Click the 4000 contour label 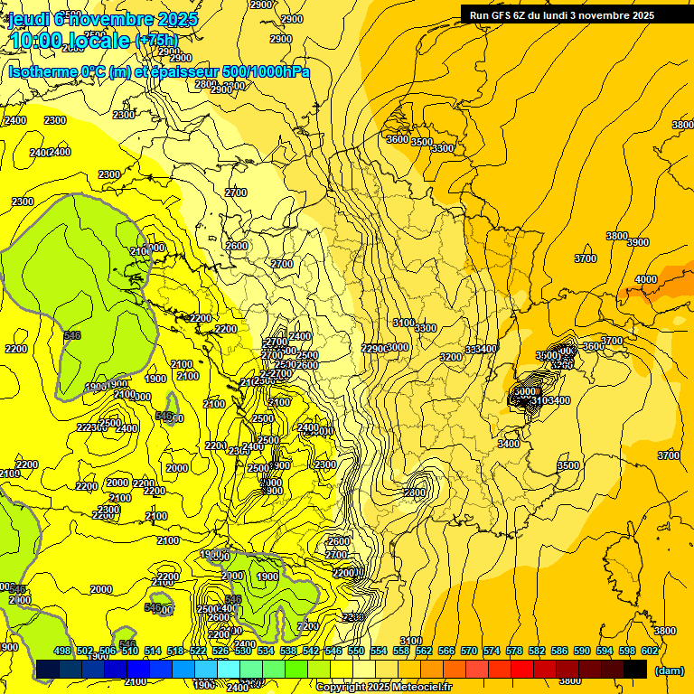646,280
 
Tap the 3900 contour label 638,243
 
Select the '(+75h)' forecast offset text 156,41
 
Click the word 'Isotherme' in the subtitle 42,72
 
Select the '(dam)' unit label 670,671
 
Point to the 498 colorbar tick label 62,651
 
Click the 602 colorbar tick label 650,651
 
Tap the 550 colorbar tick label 356,651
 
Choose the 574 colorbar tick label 492,651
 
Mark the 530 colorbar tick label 243,651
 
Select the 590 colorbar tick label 582,651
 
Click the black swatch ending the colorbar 635,669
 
